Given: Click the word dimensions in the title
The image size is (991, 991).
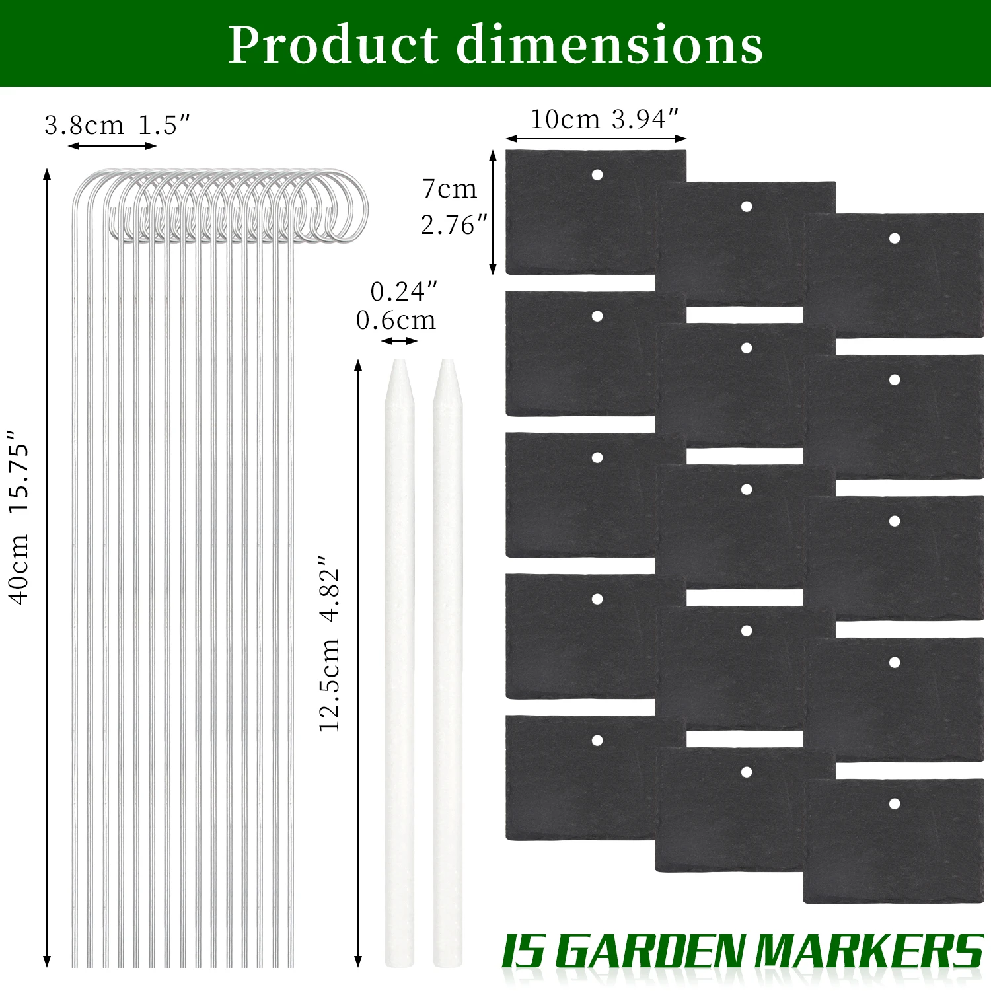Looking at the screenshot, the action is (610, 45).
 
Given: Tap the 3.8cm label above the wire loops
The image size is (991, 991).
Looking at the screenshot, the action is (84, 125).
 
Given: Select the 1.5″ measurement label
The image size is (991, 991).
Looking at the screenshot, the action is (165, 125).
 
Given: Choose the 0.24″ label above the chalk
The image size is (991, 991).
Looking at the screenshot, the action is (404, 291).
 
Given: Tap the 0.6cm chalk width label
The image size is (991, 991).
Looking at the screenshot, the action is (396, 320).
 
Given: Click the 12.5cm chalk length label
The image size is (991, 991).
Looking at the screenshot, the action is (329, 684).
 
